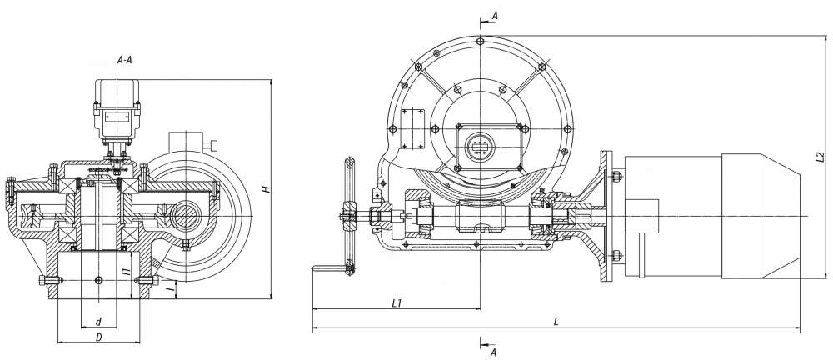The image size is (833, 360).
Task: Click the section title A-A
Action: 124,60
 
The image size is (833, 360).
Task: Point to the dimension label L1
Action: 396,303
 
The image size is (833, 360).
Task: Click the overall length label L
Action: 556,322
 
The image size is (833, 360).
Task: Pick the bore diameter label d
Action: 98,322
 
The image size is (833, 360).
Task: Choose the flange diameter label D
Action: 99,337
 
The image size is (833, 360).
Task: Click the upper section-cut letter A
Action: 495,16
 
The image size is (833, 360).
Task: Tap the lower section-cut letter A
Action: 493,352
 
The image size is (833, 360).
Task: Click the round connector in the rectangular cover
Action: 480,147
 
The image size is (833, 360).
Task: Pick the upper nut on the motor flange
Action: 616,176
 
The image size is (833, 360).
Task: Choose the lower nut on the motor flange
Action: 616,256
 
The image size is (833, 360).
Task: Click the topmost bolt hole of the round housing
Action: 480,41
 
